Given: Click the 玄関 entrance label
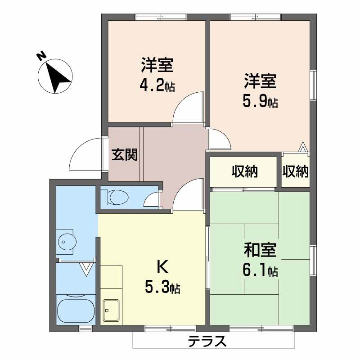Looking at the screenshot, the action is pyautogui.click(x=125, y=154).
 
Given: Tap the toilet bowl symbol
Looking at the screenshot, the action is pyautogui.click(x=119, y=197).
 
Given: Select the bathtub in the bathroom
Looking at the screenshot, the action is pyautogui.click(x=76, y=311).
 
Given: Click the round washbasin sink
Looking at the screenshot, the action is pyautogui.click(x=67, y=242).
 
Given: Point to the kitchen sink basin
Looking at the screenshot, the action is pyautogui.click(x=111, y=310).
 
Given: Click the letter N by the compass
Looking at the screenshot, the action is pyautogui.click(x=41, y=56).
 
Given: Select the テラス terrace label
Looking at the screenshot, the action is pyautogui.click(x=207, y=341).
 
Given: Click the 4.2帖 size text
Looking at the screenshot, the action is pyautogui.click(x=157, y=86).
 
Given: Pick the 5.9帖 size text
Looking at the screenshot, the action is pyautogui.click(x=261, y=102).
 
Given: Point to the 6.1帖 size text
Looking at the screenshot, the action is pyautogui.click(x=261, y=271).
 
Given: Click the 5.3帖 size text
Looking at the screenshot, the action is pyautogui.click(x=162, y=288).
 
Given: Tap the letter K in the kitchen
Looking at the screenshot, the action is pyautogui.click(x=162, y=267).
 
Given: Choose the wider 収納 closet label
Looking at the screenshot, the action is pyautogui.click(x=244, y=171).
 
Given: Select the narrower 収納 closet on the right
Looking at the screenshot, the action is pyautogui.click(x=296, y=171).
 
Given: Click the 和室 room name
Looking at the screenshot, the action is pyautogui.click(x=260, y=250).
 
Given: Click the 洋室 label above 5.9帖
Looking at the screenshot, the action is pyautogui.click(x=260, y=81).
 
